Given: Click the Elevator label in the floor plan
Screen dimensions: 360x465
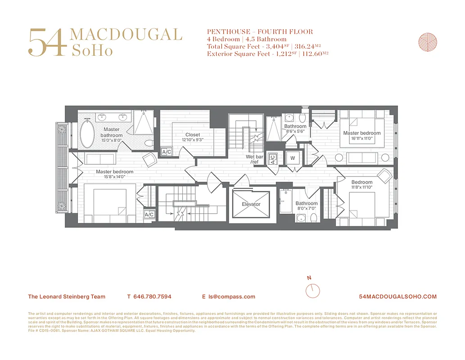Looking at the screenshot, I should (251, 204).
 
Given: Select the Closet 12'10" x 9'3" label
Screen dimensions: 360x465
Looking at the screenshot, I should (193, 137).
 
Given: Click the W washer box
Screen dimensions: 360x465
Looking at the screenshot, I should (293, 158).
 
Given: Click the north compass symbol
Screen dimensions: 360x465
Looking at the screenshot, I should (312, 290).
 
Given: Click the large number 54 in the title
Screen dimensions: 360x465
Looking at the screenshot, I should (47, 43).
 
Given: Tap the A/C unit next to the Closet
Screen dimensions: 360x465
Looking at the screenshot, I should (166, 152).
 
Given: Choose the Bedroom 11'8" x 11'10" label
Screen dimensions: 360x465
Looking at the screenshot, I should (362, 184).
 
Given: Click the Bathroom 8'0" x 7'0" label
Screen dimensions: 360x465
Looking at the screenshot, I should (307, 206).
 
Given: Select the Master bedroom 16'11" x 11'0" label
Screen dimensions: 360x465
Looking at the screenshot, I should (361, 136).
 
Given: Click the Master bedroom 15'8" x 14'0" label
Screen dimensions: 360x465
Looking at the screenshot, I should (114, 174).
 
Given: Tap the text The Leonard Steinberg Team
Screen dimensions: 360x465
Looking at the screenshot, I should (67, 297).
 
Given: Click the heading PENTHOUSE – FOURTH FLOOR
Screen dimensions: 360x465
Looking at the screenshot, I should (260, 32).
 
